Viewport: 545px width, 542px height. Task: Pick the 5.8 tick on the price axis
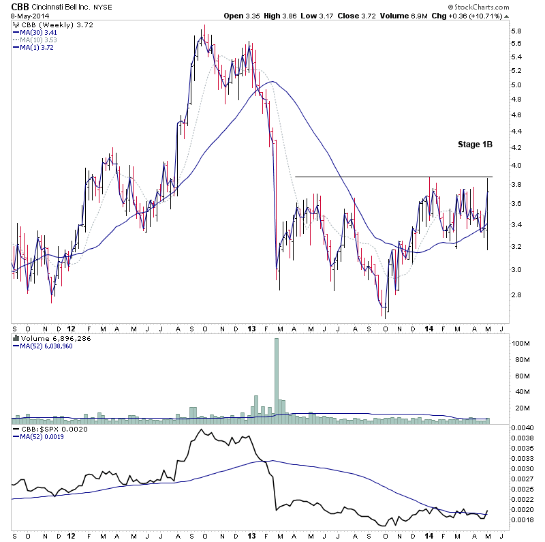pos(516,31)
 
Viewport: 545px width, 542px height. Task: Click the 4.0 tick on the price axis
pos(516,166)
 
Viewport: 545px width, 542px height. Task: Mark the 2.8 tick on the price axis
pos(516,295)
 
